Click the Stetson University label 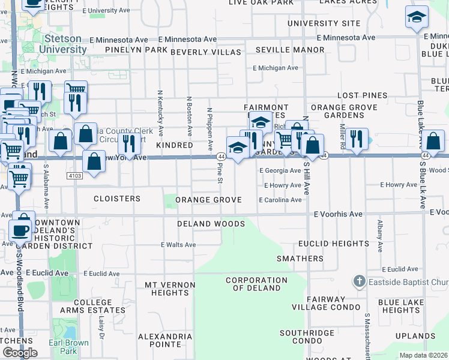(x=63, y=44)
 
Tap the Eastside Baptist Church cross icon (x=359, y=281)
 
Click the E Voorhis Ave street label (x=339, y=214)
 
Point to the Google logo (x=20, y=353)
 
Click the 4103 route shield (x=74, y=175)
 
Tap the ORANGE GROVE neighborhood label (x=208, y=200)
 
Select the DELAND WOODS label (x=211, y=224)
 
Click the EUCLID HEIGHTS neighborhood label (x=334, y=244)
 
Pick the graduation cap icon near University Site (x=417, y=18)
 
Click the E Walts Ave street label (x=178, y=245)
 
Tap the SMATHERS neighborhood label (x=300, y=259)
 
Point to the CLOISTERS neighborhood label (x=117, y=199)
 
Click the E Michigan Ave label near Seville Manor (x=276, y=68)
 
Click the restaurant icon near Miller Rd (x=357, y=139)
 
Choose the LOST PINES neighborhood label (x=362, y=95)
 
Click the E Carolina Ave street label (x=280, y=200)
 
